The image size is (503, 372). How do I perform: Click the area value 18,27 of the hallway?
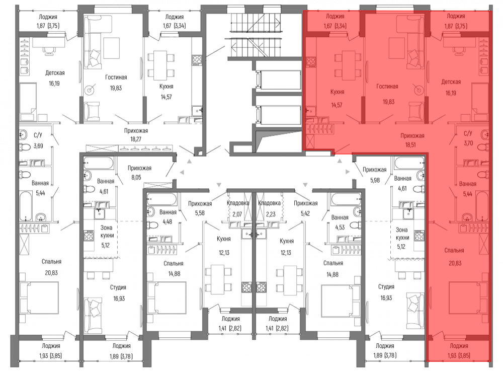tap(136, 139)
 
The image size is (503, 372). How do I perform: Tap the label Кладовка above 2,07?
tap(238, 203)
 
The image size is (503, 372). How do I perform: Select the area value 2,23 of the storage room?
tap(271, 214)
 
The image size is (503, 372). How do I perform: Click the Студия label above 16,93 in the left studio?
tap(118, 287)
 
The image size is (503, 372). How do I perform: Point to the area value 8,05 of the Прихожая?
tap(136, 177)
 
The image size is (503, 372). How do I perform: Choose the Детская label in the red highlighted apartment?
tap(451, 82)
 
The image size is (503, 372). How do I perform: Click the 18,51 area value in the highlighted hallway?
tap(410, 145)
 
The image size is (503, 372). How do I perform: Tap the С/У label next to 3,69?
tap(38, 135)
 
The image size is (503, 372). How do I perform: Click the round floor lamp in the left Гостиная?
tap(90, 90)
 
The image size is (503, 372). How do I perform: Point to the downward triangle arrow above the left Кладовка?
tap(219, 185)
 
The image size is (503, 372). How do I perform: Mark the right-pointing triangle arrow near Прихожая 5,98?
tap(348, 172)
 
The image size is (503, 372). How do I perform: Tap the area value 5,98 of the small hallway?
tap(375, 180)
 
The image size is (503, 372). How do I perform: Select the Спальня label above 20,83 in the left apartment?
tap(51, 262)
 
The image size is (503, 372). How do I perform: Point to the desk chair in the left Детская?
tap(49, 51)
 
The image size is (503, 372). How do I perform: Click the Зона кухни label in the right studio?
tap(402, 234)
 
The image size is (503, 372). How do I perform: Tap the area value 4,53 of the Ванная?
tap(340, 227)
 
